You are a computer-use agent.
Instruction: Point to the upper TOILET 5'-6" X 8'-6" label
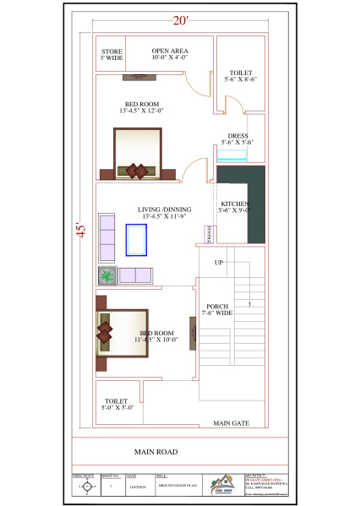(240, 77)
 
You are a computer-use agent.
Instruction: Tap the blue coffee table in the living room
(136, 239)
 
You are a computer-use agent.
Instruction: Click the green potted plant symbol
(107, 275)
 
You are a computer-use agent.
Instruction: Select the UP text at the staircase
(218, 263)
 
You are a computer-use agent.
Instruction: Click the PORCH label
(217, 310)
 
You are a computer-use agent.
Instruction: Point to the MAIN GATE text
(230, 422)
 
